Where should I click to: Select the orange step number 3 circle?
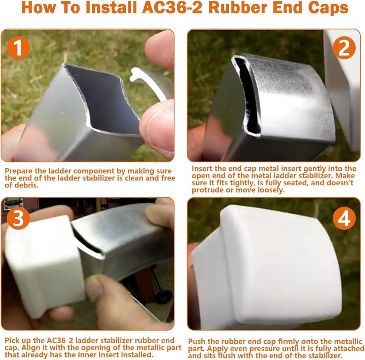click(x=17, y=218)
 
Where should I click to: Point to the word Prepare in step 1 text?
click(x=18, y=171)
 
